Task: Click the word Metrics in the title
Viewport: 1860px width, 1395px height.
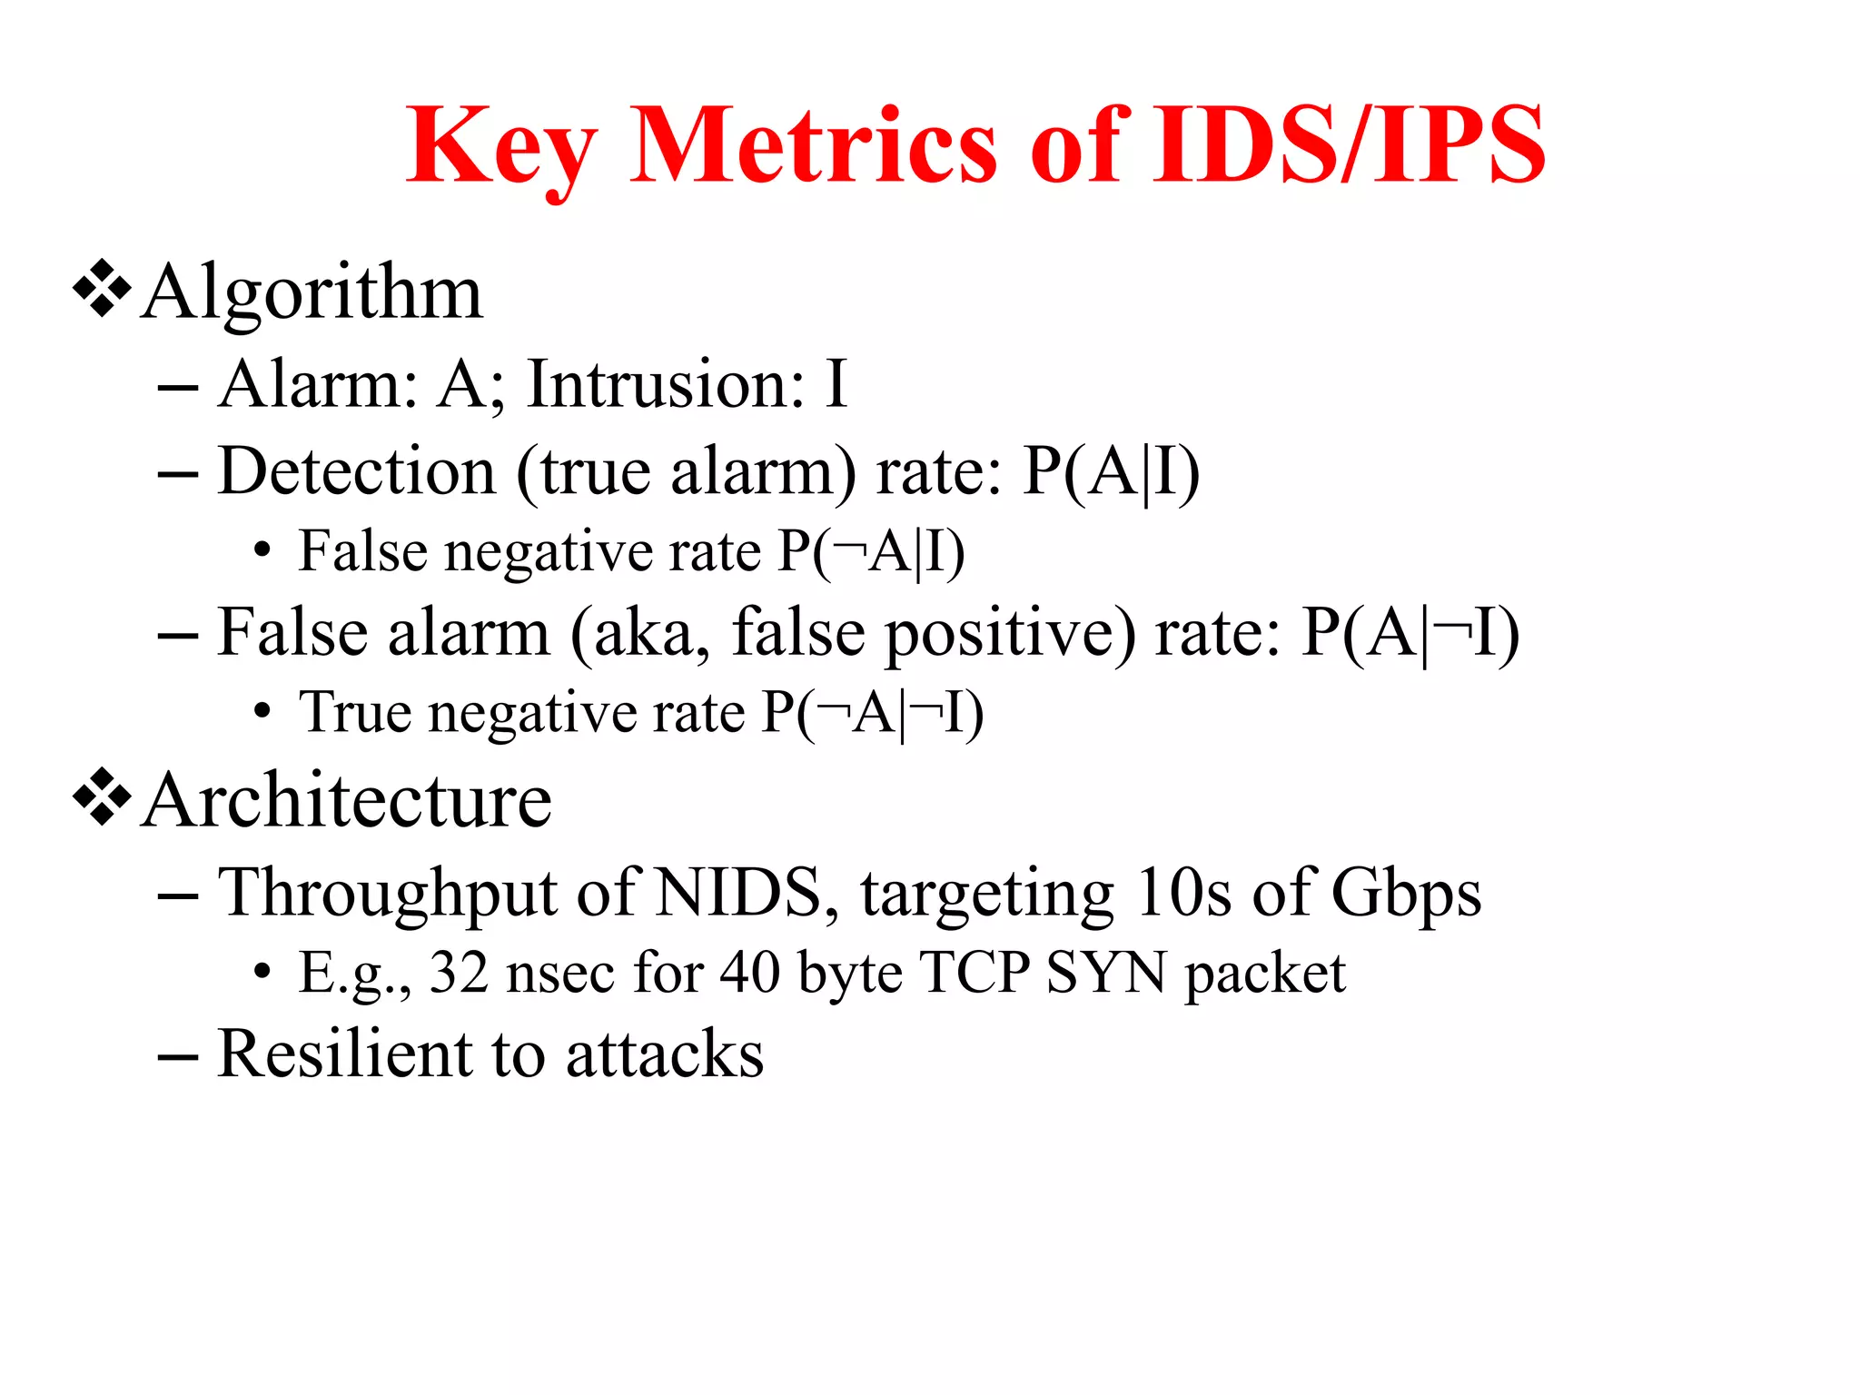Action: pyautogui.click(x=813, y=145)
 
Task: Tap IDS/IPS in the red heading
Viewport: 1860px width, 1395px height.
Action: pyautogui.click(x=1349, y=145)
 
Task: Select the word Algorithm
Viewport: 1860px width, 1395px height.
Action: pyautogui.click(x=312, y=293)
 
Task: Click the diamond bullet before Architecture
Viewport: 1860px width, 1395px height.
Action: pyautogui.click(x=102, y=797)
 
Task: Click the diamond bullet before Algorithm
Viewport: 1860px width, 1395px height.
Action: pyautogui.click(x=102, y=289)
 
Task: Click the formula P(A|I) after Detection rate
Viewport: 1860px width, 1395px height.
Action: pyautogui.click(x=1110, y=472)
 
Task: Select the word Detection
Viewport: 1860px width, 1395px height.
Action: pyautogui.click(x=357, y=472)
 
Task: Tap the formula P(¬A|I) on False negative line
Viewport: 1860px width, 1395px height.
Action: pyautogui.click(x=872, y=552)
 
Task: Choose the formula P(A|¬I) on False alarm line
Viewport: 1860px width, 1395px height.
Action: pyautogui.click(x=1410, y=634)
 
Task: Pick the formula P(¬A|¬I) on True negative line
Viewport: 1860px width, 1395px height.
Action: pyautogui.click(x=873, y=713)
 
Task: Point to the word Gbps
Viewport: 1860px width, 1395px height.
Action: pyautogui.click(x=1406, y=894)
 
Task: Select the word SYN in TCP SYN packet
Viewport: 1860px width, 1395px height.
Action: pyautogui.click(x=1106, y=974)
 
